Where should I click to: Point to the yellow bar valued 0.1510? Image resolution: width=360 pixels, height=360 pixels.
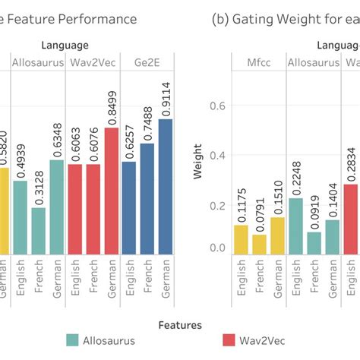[x=277, y=235]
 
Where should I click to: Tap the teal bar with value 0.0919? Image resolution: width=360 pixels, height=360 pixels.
[x=313, y=242]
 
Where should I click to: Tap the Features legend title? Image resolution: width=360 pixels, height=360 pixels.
[x=179, y=324]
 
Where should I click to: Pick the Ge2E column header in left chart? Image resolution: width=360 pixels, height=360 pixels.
[x=147, y=62]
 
